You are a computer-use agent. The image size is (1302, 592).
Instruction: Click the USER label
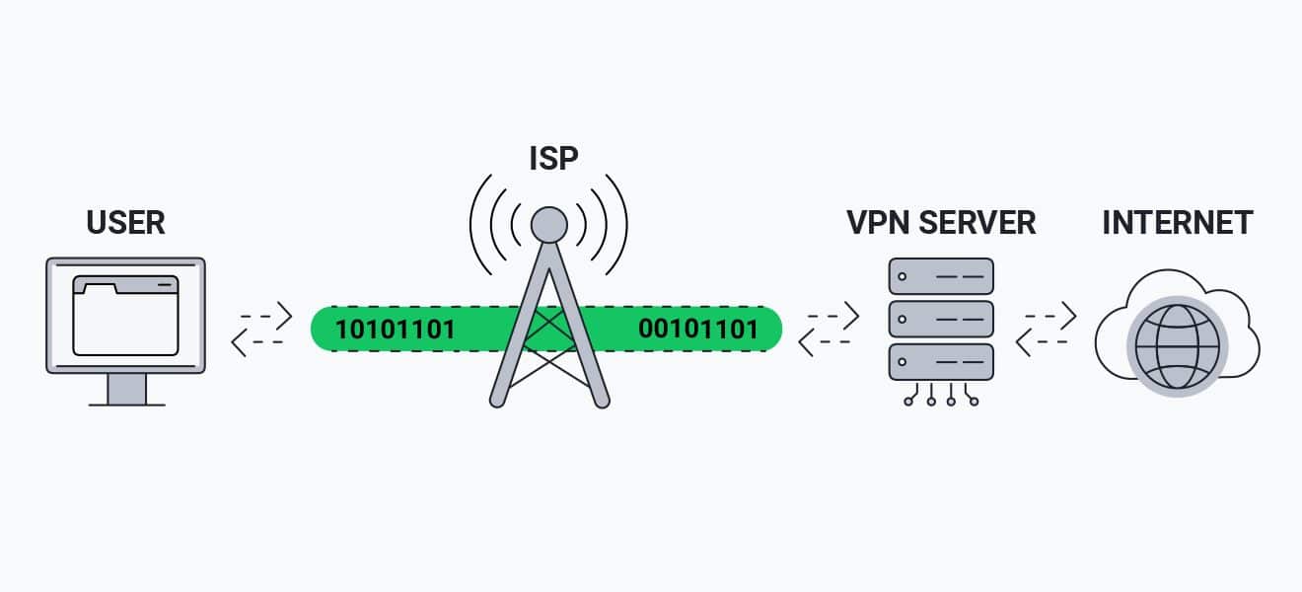pyautogui.click(x=125, y=222)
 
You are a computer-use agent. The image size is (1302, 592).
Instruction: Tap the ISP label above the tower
pyautogui.click(x=551, y=159)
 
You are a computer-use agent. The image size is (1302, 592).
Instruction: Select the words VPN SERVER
pyautogui.click(x=941, y=222)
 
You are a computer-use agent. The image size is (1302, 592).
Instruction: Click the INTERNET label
pyautogui.click(x=1177, y=222)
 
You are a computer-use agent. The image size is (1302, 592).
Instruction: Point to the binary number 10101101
pyautogui.click(x=396, y=329)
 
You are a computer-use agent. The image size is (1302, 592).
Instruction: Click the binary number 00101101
pyautogui.click(x=698, y=329)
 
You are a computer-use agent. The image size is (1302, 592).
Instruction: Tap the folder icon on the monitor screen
pyautogui.click(x=125, y=315)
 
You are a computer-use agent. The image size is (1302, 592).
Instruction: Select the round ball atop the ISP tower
pyautogui.click(x=549, y=226)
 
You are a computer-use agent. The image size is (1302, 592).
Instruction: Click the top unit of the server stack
pyautogui.click(x=941, y=276)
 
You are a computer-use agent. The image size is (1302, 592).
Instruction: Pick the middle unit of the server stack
pyautogui.click(x=941, y=319)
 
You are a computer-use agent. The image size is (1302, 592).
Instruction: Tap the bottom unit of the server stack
pyautogui.click(x=941, y=361)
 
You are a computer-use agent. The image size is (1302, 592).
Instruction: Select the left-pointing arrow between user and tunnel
pyautogui.click(x=256, y=341)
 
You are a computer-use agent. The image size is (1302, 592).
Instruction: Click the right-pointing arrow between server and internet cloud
pyautogui.click(x=1051, y=316)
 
